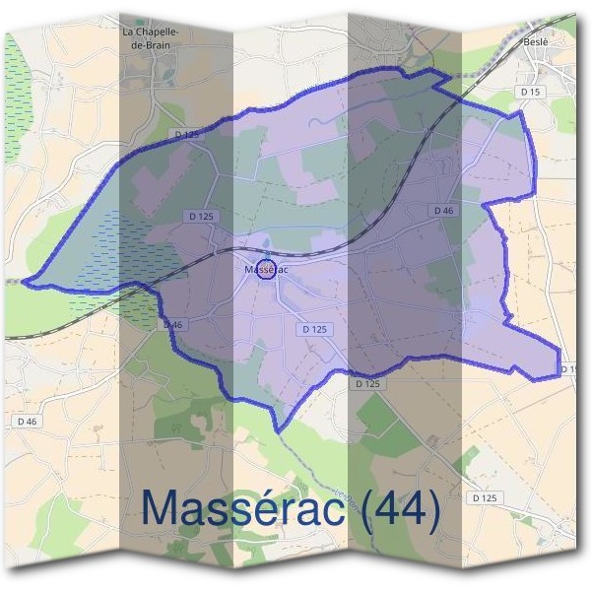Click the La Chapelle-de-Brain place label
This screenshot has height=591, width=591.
pyautogui.click(x=149, y=37)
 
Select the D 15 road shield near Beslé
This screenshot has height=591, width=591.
pyautogui.click(x=529, y=92)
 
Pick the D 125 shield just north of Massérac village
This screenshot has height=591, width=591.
pyautogui.click(x=201, y=216)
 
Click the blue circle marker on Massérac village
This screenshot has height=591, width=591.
pyautogui.click(x=265, y=270)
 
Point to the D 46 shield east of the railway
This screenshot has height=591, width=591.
pyautogui.click(x=442, y=211)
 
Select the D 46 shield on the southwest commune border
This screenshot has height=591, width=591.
pyautogui.click(x=171, y=325)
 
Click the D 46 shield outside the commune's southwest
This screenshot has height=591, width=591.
pyautogui.click(x=28, y=421)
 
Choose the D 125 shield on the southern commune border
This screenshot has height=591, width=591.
pyautogui.click(x=367, y=383)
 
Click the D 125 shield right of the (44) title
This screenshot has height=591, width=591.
pyautogui.click(x=484, y=499)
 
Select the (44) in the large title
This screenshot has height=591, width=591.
pyautogui.click(x=398, y=508)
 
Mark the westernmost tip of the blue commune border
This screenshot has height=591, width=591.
pyautogui.click(x=23, y=282)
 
